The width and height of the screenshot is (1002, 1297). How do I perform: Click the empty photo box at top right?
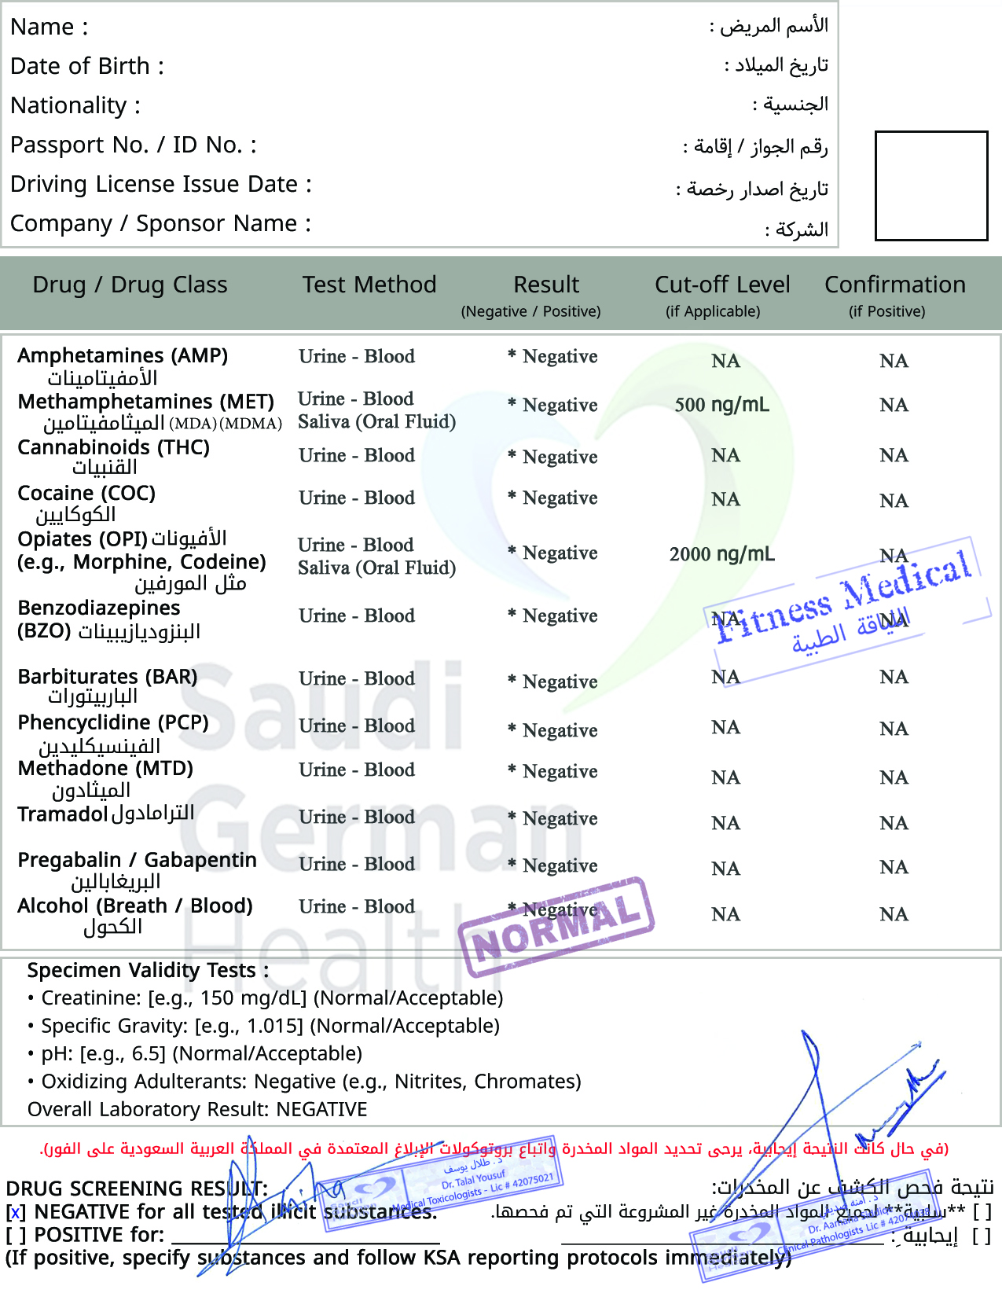tap(931, 186)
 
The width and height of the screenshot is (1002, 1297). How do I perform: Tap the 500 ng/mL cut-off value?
tap(721, 405)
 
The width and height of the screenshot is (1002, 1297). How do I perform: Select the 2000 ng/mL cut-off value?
tap(721, 554)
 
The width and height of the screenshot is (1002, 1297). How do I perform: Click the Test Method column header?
tap(369, 285)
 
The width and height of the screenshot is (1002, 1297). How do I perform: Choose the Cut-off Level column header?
tap(721, 285)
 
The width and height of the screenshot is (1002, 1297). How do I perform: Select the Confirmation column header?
tap(894, 285)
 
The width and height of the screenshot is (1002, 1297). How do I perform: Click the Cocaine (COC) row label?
tap(86, 494)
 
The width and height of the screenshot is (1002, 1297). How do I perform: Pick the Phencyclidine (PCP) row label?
tap(113, 722)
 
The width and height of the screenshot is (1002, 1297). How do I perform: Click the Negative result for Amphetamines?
tap(559, 357)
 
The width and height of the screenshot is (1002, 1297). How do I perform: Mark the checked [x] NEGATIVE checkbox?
tap(15, 1213)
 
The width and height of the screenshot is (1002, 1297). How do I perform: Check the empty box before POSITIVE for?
tap(15, 1236)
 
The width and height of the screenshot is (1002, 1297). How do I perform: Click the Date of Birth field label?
tap(86, 66)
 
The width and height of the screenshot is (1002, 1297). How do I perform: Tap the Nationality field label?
tap(75, 105)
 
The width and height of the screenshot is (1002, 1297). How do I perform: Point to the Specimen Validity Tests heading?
tap(148, 971)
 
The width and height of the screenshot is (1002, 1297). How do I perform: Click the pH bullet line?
tap(201, 1053)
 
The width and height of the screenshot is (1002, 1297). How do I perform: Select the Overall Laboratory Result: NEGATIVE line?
tap(197, 1109)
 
